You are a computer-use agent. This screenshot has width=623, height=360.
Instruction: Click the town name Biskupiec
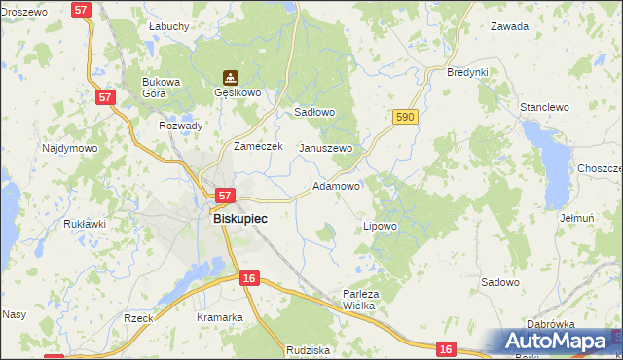click(239, 219)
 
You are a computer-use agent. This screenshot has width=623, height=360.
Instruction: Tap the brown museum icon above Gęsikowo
click(230, 77)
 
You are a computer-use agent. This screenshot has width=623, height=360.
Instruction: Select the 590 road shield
click(406, 117)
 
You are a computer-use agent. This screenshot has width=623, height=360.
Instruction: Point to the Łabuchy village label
click(168, 27)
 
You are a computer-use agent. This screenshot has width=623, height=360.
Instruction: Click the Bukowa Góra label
click(162, 88)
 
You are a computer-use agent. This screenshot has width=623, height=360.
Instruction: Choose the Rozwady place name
click(180, 126)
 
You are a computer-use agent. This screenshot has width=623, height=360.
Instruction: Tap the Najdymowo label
click(69, 149)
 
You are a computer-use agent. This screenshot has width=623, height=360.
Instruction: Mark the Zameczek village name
click(257, 146)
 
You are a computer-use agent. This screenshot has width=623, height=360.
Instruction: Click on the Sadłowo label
click(314, 112)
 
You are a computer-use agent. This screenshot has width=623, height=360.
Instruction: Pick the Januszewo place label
click(325, 148)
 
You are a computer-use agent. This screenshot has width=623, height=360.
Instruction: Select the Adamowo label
click(337, 185)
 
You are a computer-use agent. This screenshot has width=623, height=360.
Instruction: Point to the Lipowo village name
click(380, 226)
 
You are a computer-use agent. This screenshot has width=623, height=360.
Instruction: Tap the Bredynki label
click(466, 72)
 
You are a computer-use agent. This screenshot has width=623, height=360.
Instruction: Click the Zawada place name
click(509, 27)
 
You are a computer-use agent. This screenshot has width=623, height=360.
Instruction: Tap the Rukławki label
click(84, 223)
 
